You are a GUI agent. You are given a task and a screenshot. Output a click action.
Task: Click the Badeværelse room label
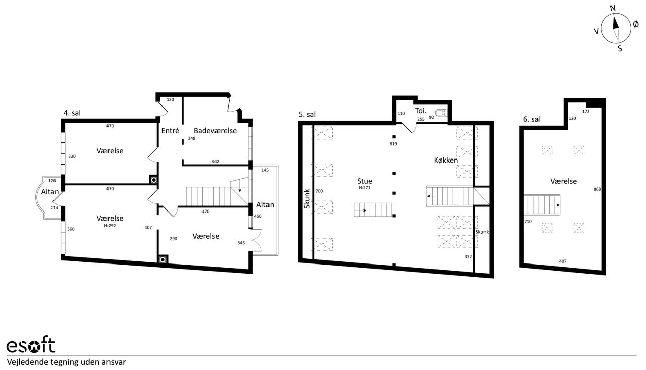click(215, 131)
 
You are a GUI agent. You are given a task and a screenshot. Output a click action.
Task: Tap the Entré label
click(170, 131)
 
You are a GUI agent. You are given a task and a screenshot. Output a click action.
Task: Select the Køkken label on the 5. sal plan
click(446, 161)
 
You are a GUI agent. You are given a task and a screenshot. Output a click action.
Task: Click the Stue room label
click(365, 181)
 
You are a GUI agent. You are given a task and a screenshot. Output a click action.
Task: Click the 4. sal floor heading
click(72, 113)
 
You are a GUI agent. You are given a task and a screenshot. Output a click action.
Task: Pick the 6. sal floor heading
click(532, 119)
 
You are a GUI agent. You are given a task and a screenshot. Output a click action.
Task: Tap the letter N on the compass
click(613, 8)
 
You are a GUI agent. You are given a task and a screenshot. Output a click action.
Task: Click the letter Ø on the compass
click(636, 25)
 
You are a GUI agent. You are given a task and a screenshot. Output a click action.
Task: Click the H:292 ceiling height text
click(110, 226)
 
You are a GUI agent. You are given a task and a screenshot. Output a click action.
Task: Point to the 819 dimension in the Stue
click(393, 144)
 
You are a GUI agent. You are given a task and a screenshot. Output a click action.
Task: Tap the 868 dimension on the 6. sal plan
click(597, 189)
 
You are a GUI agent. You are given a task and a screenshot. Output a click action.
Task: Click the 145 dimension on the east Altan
click(265, 170)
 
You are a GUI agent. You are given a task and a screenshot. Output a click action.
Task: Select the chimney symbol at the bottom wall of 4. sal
click(163, 260)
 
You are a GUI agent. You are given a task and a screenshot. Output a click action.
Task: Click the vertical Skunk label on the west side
click(307, 199)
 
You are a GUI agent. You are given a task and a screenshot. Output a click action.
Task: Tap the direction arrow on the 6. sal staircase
click(555, 205)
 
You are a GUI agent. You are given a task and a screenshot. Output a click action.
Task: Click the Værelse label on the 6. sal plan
click(564, 181)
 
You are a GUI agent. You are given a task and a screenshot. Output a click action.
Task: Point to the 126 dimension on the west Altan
click(52, 181)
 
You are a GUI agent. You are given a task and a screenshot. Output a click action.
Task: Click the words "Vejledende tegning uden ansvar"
click(66, 362)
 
